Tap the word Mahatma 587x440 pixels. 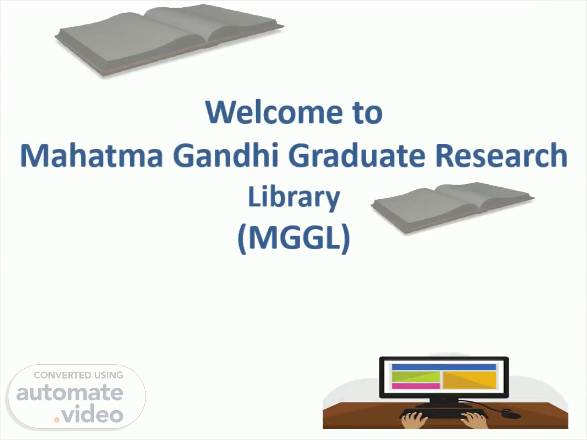click(91, 155)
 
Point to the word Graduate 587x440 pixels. click(356, 155)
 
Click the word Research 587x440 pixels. click(501, 155)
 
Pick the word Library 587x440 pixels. click(294, 198)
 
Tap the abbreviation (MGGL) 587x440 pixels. click(294, 238)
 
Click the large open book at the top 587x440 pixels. click(169, 40)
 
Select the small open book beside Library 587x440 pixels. click(452, 208)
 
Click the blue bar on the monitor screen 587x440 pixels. click(444, 367)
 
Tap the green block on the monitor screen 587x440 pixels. click(416, 377)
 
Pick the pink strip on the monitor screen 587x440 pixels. click(416, 386)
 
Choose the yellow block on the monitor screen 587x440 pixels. click(470, 380)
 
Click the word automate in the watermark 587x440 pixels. click(70, 393)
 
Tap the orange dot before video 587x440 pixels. click(57, 420)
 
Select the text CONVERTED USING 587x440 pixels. click(78, 375)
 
